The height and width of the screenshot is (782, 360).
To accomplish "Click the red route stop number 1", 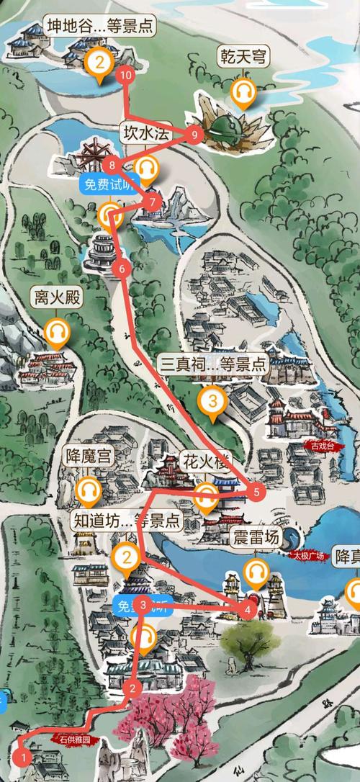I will click(x=23, y=757).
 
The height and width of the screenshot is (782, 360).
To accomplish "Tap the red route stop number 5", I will click(x=256, y=493).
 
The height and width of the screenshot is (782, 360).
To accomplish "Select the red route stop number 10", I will click(x=127, y=75).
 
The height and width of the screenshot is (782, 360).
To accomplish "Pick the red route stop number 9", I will click(x=194, y=135).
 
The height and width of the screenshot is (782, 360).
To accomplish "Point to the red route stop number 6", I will click(x=121, y=269).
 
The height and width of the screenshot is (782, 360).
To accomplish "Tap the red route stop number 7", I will click(x=153, y=202).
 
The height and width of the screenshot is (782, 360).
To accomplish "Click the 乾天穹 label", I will click(x=243, y=55).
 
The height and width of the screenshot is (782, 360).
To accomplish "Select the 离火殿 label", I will click(x=55, y=297).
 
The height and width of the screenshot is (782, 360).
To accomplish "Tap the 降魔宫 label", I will click(x=89, y=457).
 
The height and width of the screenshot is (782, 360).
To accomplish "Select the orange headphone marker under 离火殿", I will click(x=56, y=332).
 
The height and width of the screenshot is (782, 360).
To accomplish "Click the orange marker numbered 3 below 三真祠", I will click(x=212, y=399).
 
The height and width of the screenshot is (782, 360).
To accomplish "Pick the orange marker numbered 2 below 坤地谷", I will click(x=99, y=63).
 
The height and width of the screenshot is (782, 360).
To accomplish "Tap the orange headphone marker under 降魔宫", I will click(x=89, y=491).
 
